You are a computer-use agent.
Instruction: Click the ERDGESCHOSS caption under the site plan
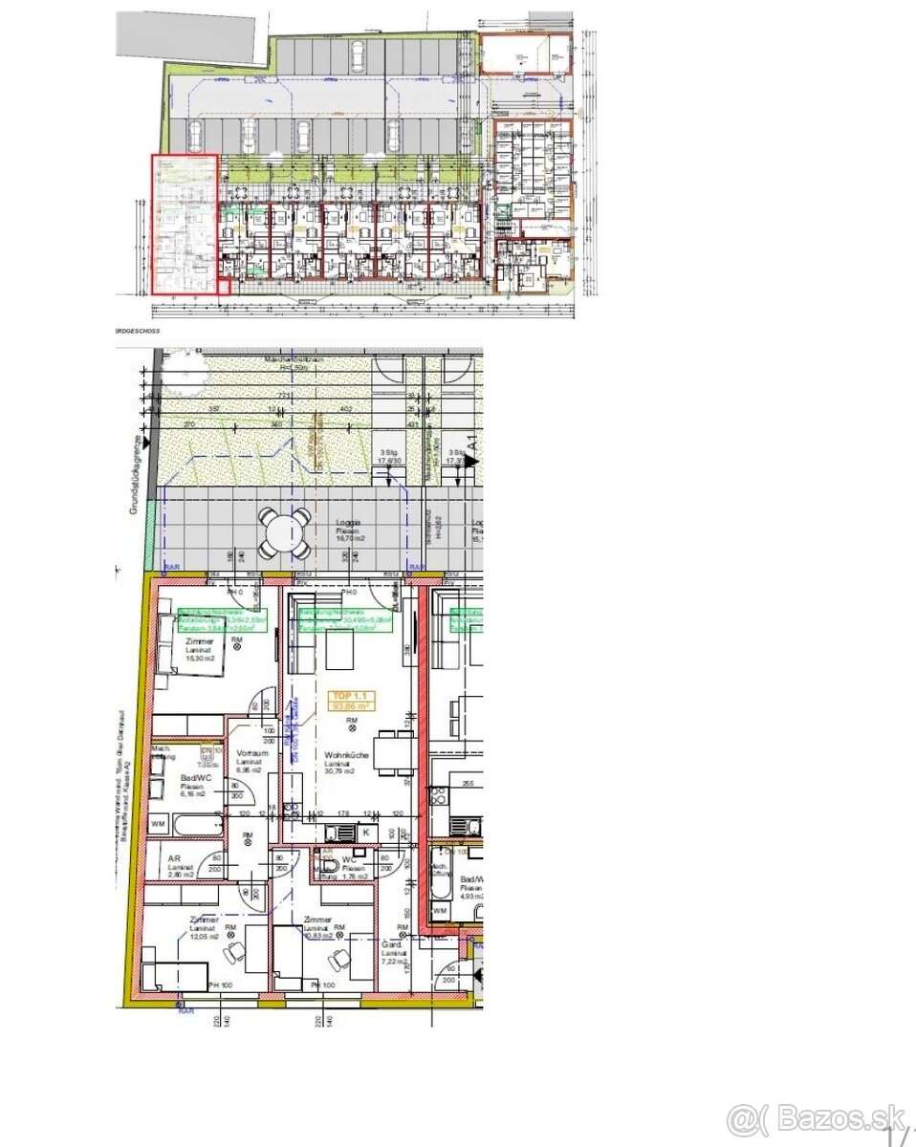point(137,330)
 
